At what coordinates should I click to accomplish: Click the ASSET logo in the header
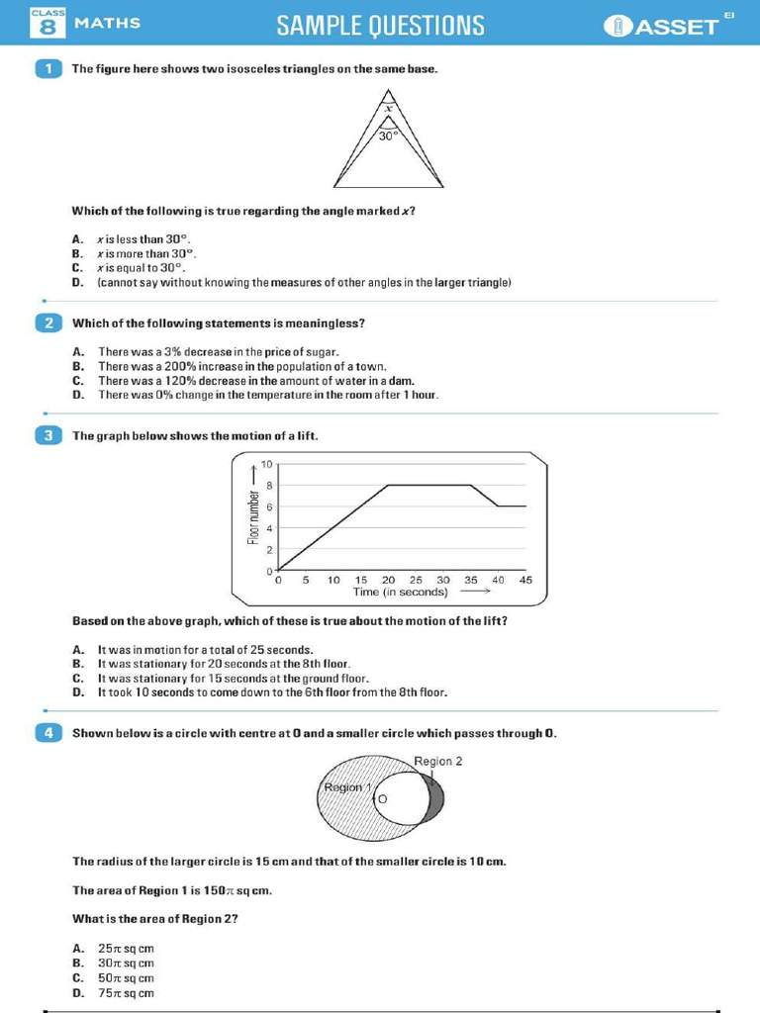pyautogui.click(x=669, y=25)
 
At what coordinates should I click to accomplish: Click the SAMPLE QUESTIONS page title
pyautogui.click(x=381, y=25)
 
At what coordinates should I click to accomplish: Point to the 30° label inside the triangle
pyautogui.click(x=389, y=137)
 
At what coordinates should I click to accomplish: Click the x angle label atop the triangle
pyautogui.click(x=389, y=108)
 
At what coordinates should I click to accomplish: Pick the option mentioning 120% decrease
pyautogui.click(x=255, y=381)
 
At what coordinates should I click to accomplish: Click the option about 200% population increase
pyautogui.click(x=241, y=366)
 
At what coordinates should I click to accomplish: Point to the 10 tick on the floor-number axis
pyautogui.click(x=266, y=464)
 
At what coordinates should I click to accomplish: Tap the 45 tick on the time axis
pyautogui.click(x=525, y=580)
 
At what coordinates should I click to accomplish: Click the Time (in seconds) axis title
pyautogui.click(x=400, y=592)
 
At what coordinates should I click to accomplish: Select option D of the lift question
pyautogui.click(x=272, y=692)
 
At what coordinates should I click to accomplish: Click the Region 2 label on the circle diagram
pyautogui.click(x=437, y=761)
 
